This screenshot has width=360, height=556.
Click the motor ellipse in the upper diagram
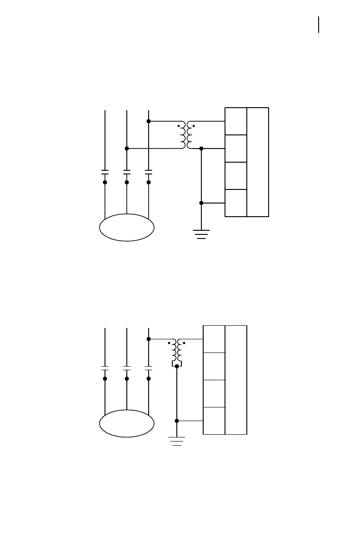click(x=127, y=228)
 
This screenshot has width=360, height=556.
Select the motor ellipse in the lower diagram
click(x=127, y=423)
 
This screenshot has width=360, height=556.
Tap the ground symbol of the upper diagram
click(x=201, y=234)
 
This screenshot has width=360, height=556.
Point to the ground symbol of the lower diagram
click(x=177, y=441)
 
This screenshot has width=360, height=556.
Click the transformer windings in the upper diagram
click(x=186, y=135)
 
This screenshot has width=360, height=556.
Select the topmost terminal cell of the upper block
click(x=236, y=121)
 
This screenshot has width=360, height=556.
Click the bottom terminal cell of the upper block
click(x=236, y=203)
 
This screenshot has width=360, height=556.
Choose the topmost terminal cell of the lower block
click(x=214, y=339)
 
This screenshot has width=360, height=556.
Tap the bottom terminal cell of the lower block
click(x=214, y=421)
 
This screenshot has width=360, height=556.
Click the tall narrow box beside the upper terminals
click(x=258, y=162)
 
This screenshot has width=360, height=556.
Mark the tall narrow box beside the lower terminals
click(x=236, y=380)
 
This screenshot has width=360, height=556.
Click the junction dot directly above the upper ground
click(x=201, y=203)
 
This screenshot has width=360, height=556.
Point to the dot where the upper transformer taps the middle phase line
click(x=127, y=149)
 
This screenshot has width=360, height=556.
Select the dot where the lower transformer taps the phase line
click(x=149, y=339)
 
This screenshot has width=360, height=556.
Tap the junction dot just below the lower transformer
click(x=177, y=366)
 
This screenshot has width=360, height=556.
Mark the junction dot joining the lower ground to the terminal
click(x=177, y=421)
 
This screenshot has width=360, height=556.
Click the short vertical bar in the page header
click(x=319, y=25)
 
